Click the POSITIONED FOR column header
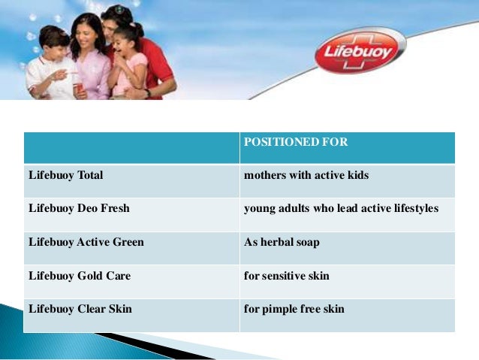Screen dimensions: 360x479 click(296, 141)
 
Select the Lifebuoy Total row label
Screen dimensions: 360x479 click(66, 175)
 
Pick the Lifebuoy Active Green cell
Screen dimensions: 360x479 click(86, 242)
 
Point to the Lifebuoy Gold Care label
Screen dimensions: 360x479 click(79, 276)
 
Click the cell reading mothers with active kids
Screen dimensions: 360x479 click(306, 175)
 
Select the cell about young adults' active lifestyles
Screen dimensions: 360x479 click(341, 208)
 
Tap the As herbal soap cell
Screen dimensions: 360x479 click(282, 242)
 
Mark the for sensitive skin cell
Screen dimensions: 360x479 click(287, 276)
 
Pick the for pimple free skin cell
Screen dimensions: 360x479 click(294, 309)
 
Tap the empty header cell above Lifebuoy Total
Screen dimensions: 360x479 click(131, 147)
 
